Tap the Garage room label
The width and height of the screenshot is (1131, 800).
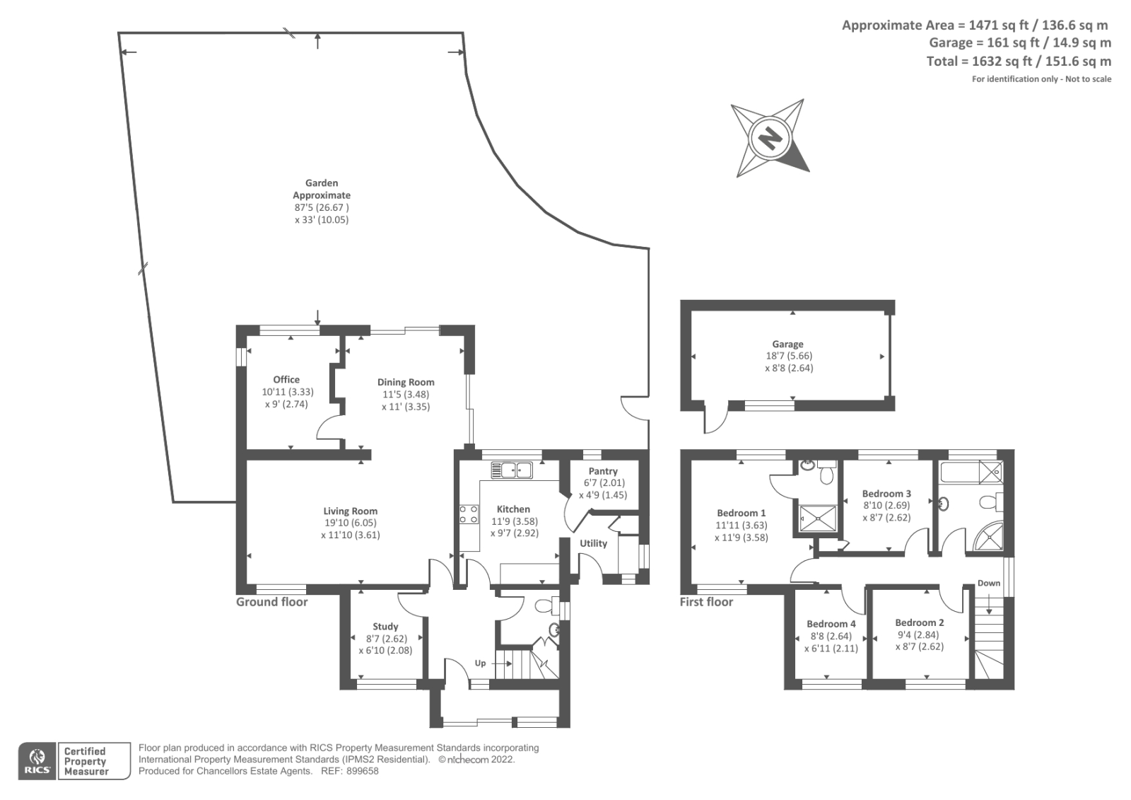coord(787,344)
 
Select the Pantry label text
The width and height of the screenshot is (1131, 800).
coord(603,471)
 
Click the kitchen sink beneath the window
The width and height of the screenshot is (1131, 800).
coord(511,470)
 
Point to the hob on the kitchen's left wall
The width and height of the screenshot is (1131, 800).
coord(468,514)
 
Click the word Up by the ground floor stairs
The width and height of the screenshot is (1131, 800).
coord(480,663)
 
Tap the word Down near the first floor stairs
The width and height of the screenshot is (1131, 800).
coord(989,584)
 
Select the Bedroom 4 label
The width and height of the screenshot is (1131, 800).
coord(831,624)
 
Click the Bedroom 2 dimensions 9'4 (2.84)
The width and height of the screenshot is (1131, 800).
coord(919,634)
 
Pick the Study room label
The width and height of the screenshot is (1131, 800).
coord(385,627)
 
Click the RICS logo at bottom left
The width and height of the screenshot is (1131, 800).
coord(37,761)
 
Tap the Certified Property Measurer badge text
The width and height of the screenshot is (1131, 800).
coord(85,762)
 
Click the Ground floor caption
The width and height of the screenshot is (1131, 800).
coord(272,602)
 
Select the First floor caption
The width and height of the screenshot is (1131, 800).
coord(706,602)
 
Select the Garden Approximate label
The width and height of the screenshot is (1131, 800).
coord(322,189)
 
